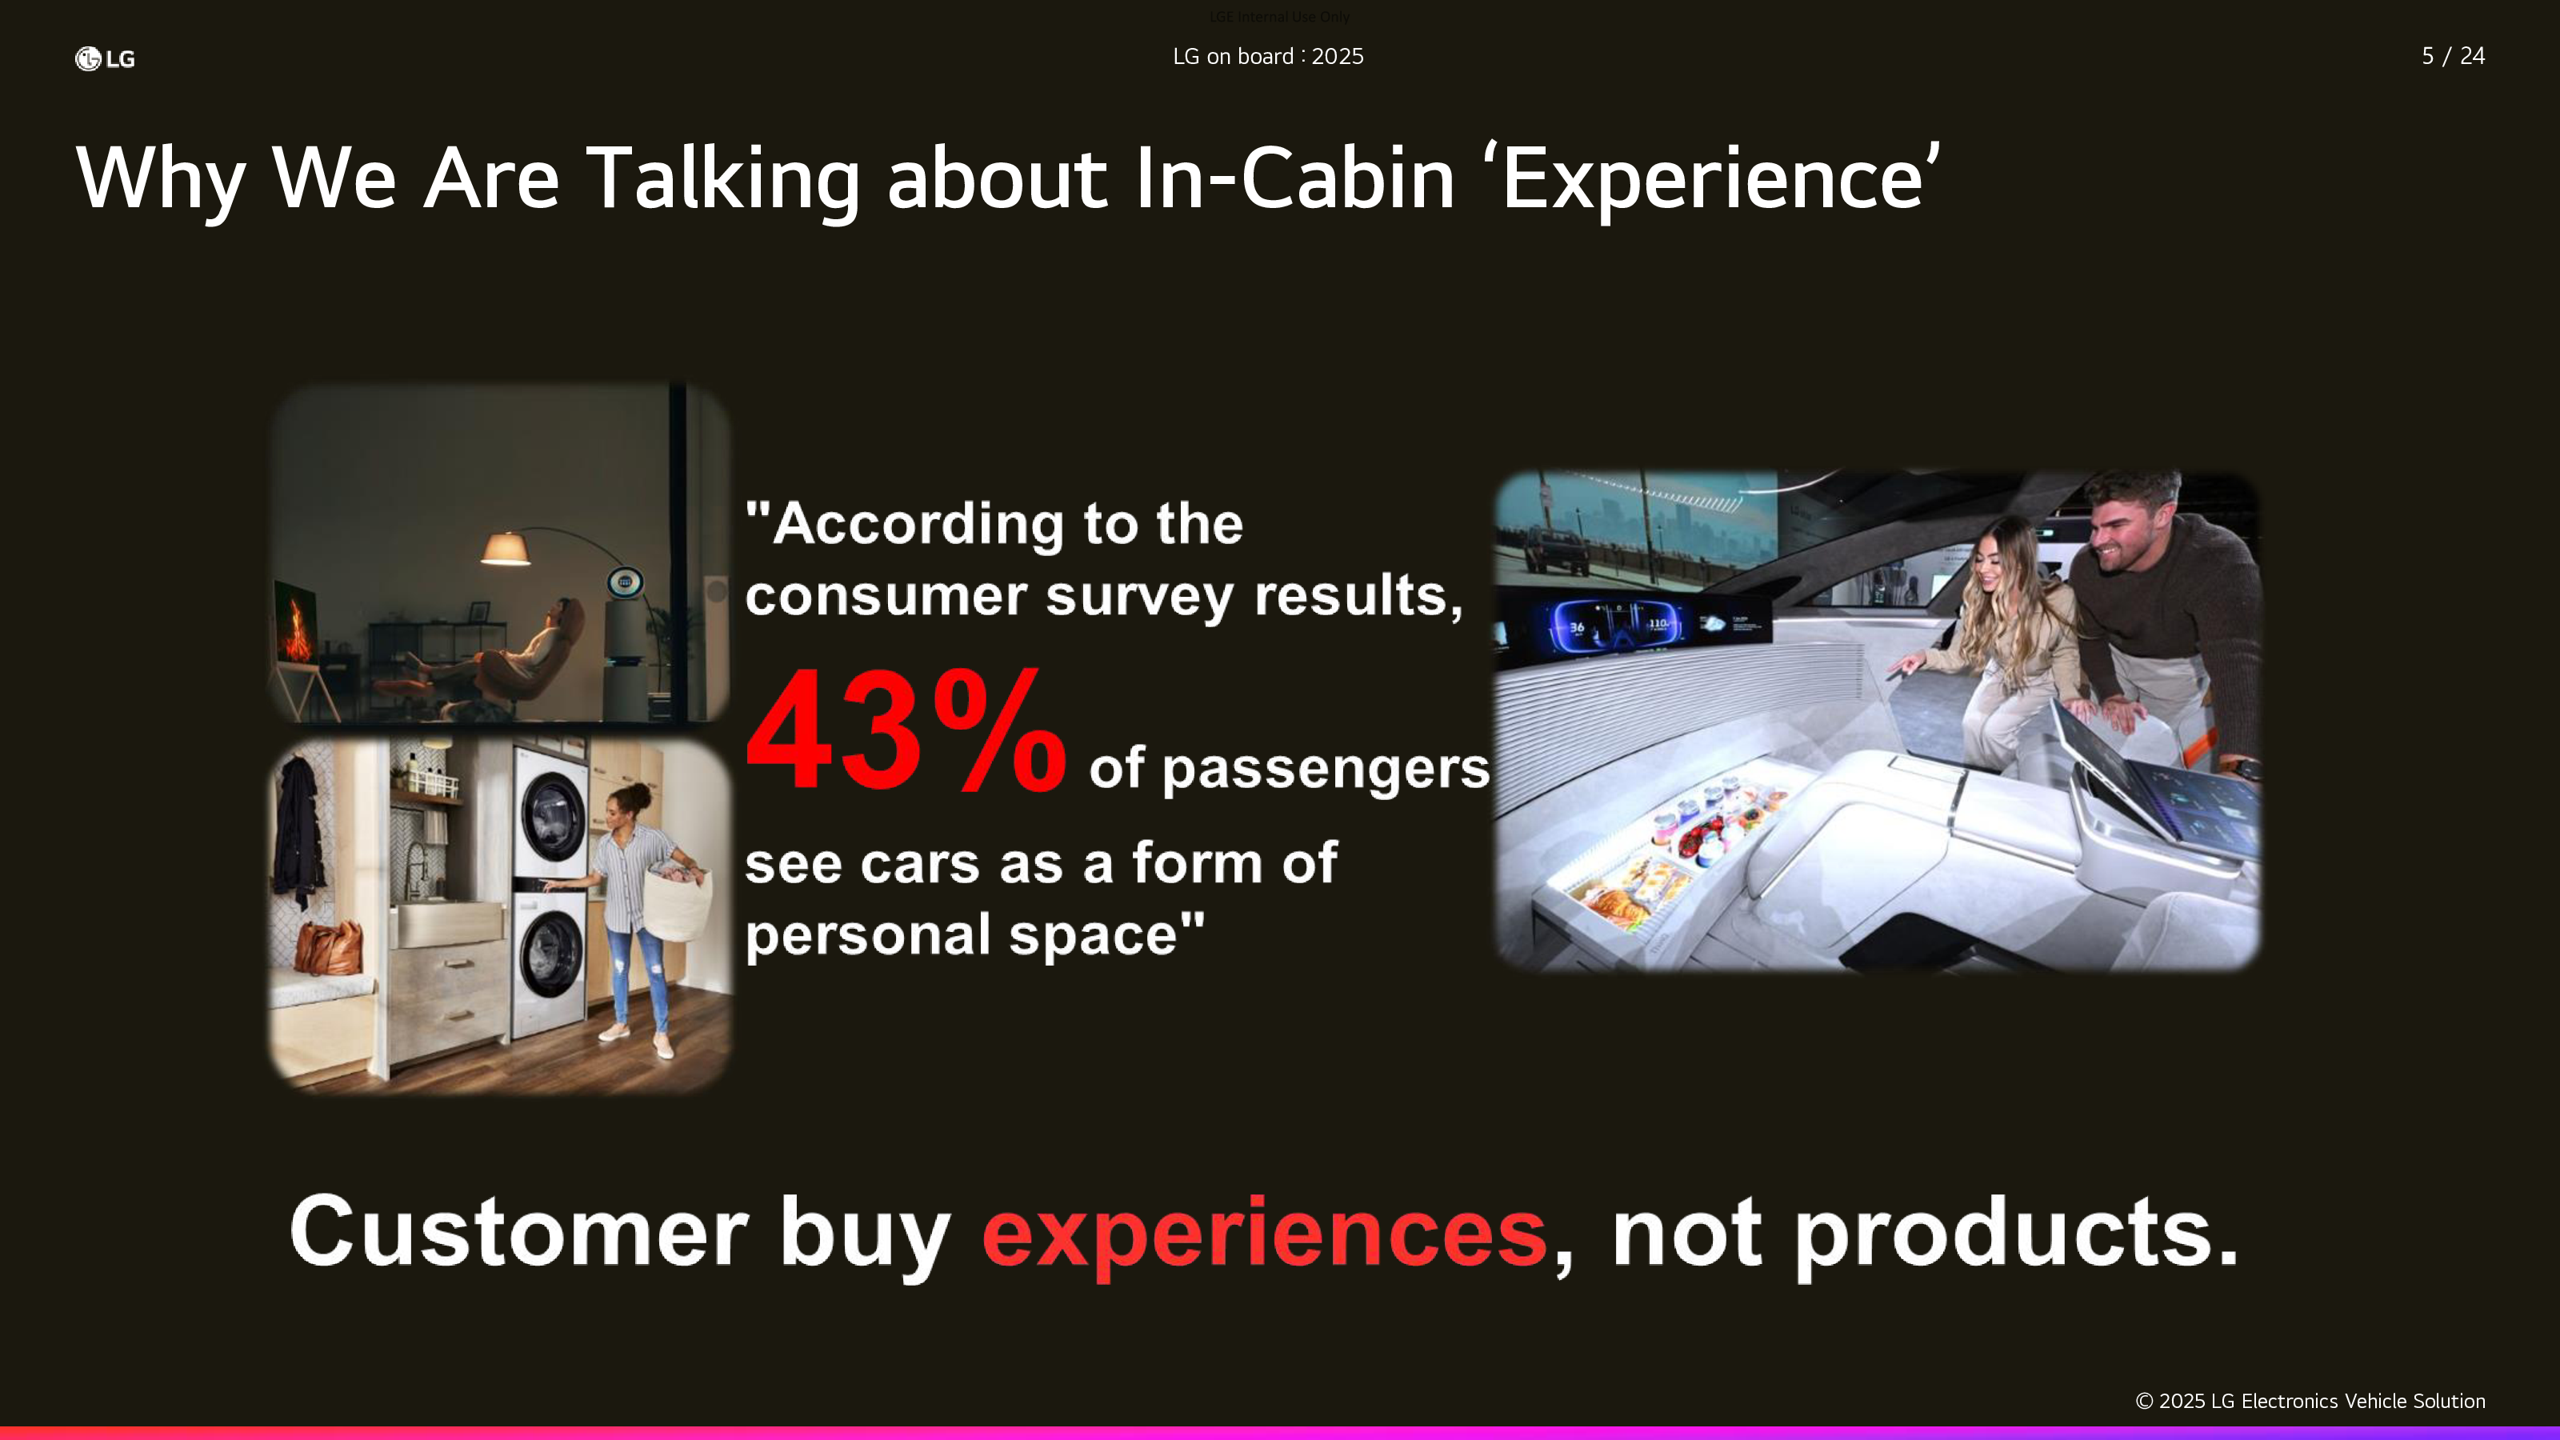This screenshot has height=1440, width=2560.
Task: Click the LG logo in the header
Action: [104, 58]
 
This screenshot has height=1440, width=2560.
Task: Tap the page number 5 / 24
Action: [2453, 56]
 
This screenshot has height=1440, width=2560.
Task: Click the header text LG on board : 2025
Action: [1268, 57]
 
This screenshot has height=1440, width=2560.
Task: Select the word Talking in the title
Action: [723, 180]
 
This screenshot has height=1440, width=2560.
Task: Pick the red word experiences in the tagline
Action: [1264, 1234]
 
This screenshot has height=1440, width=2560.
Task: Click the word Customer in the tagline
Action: [518, 1232]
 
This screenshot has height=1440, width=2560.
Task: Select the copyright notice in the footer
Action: [2310, 1402]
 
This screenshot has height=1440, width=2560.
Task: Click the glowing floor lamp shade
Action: [505, 549]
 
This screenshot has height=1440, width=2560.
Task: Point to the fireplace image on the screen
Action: [296, 624]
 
